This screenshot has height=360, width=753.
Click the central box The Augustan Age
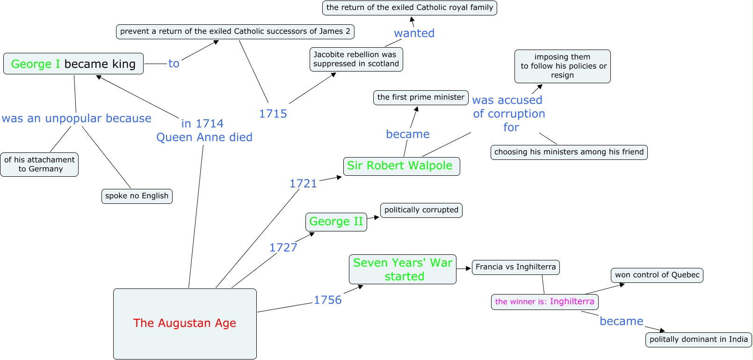tap(185, 324)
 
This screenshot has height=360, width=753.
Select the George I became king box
tap(73, 64)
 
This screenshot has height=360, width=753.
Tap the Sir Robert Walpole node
tap(401, 166)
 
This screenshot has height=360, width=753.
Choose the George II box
tap(336, 222)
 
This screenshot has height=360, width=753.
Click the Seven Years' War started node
tap(402, 269)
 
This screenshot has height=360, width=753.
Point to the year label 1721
tap(303, 183)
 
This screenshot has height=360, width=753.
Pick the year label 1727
tap(283, 247)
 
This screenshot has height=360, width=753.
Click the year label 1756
tap(327, 300)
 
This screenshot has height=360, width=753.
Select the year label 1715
tap(273, 114)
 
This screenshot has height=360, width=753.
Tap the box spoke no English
tap(137, 196)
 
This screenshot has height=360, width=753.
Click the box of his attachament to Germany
tap(39, 164)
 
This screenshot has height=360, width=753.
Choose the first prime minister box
tap(420, 97)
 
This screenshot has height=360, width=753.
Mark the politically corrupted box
tap(421, 210)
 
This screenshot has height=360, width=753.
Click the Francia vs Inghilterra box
tap(515, 267)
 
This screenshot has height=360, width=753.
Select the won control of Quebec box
tap(657, 275)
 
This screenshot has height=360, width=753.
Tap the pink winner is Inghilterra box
tap(544, 302)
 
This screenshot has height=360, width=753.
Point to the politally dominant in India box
tap(698, 339)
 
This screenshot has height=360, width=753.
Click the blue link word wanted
tap(414, 33)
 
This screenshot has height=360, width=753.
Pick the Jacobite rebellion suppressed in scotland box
tap(356, 59)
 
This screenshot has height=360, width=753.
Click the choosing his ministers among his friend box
tap(569, 152)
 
